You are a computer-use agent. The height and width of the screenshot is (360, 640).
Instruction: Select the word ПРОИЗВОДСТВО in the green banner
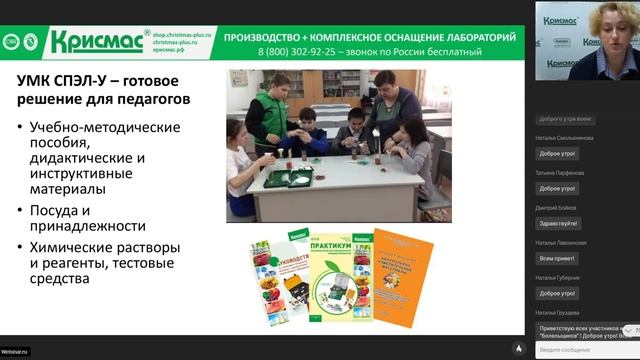click(x=265, y=37)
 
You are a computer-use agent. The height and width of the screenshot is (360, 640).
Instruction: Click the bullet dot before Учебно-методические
click(x=20, y=127)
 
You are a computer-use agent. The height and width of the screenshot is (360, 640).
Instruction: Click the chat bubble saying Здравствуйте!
click(x=558, y=223)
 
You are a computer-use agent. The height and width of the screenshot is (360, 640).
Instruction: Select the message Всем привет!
click(x=555, y=258)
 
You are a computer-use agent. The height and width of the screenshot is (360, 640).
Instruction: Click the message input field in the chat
click(x=575, y=349)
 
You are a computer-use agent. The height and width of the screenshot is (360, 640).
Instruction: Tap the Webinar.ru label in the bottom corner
click(x=15, y=352)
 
